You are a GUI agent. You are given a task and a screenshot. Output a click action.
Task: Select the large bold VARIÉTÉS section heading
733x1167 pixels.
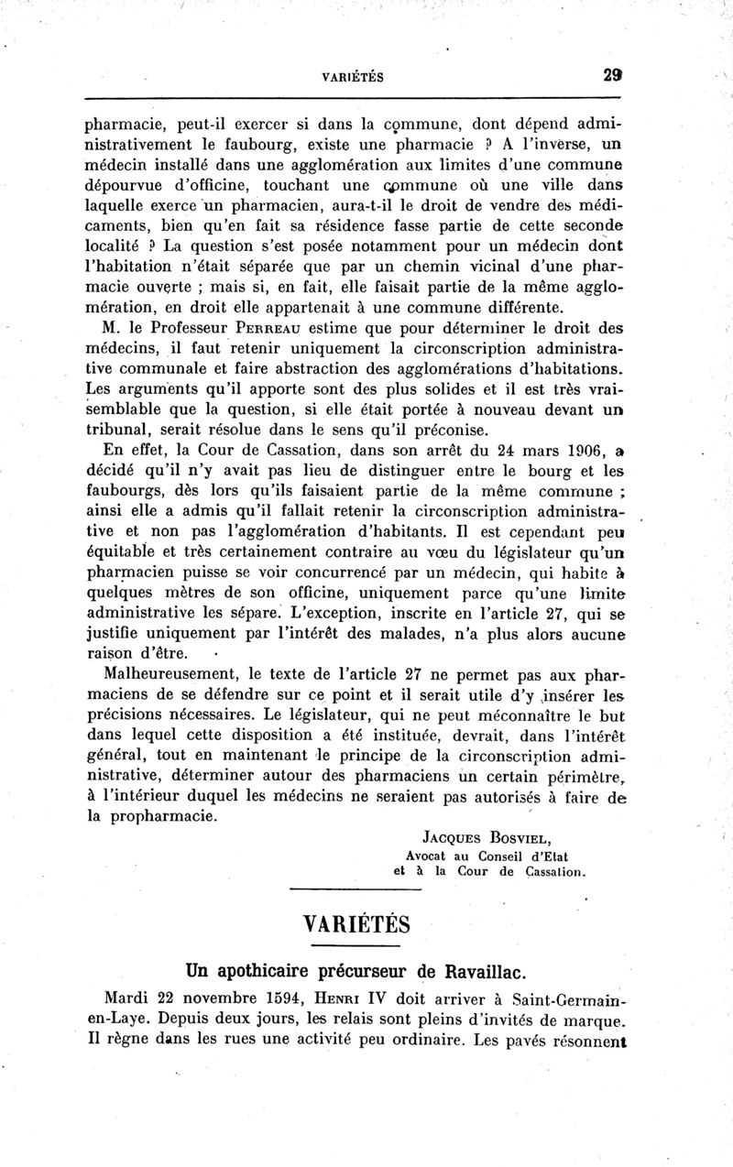tap(356, 919)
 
